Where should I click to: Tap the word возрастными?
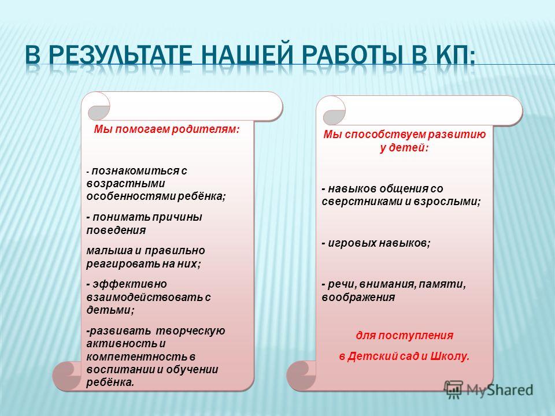(125, 184)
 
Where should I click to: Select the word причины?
(177, 217)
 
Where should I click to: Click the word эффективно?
(129, 284)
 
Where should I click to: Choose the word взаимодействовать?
(145, 297)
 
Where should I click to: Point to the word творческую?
(190, 331)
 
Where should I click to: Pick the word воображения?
(358, 298)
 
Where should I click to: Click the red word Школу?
(450, 356)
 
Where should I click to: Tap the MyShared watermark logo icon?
(454, 389)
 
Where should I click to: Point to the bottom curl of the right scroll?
(301, 375)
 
